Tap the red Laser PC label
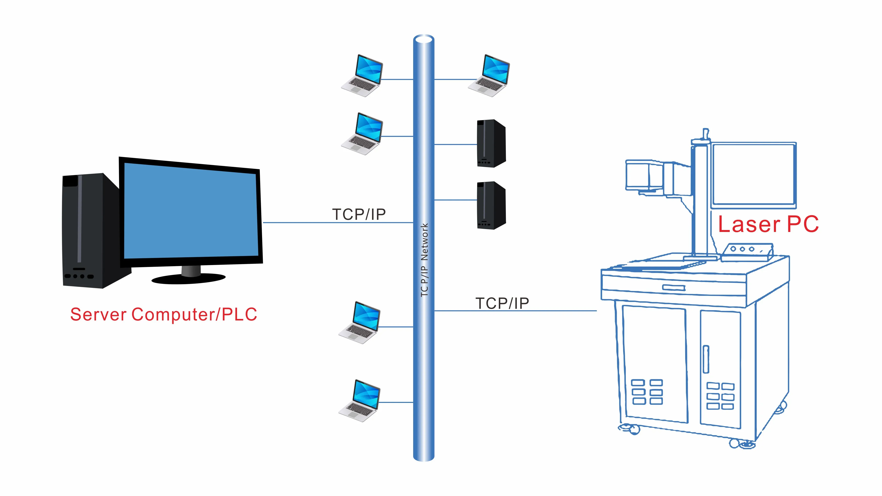pyautogui.click(x=768, y=224)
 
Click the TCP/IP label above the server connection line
pyautogui.click(x=359, y=214)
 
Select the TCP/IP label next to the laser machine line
pyautogui.click(x=502, y=303)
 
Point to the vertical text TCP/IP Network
pyautogui.click(x=424, y=260)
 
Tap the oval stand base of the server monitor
pyautogui.click(x=189, y=279)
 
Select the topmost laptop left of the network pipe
pyautogui.click(x=362, y=76)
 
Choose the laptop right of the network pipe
pyautogui.click(x=489, y=76)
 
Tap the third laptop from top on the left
pyautogui.click(x=360, y=323)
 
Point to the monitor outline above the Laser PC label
pyautogui.click(x=753, y=175)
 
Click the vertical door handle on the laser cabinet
pyautogui.click(x=706, y=359)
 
